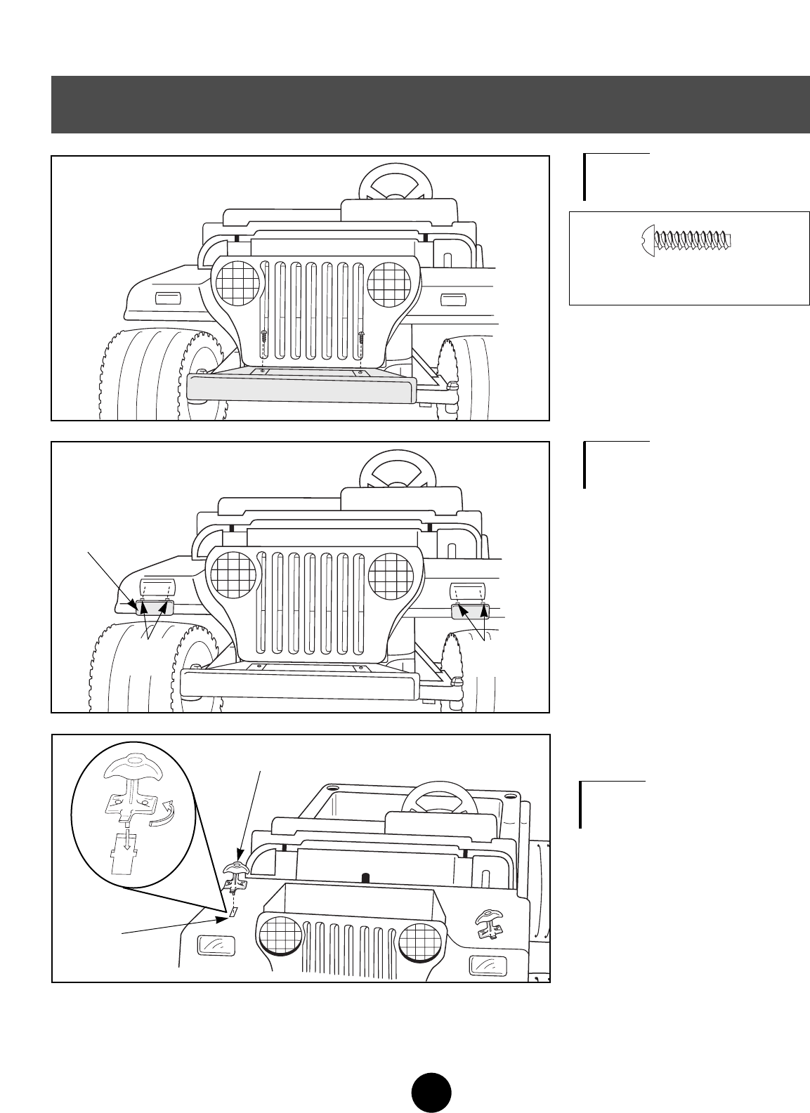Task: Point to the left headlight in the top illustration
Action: tap(237, 283)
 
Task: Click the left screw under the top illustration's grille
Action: tap(263, 336)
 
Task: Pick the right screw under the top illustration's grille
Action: tap(360, 336)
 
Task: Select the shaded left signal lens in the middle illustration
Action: tap(154, 608)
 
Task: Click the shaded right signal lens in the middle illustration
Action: tap(469, 611)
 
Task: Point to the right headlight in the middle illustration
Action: tap(391, 574)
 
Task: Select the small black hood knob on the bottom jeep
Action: tap(365, 877)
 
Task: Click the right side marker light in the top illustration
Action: tap(450, 301)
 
